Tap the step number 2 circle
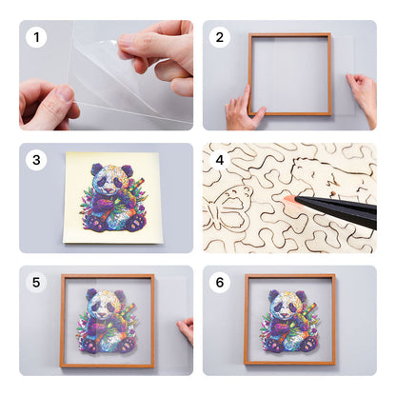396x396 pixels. click(x=221, y=39)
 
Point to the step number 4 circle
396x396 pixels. click(x=221, y=161)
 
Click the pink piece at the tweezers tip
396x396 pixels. click(x=288, y=199)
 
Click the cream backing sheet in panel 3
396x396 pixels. click(x=76, y=228)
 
